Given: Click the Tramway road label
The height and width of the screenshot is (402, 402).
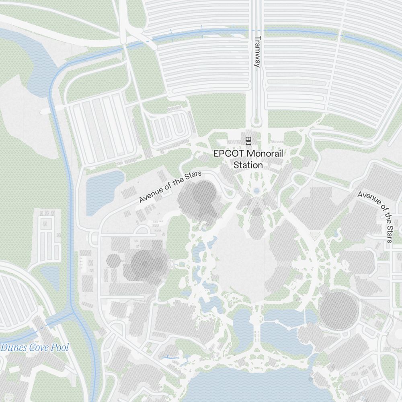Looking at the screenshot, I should tap(258, 52).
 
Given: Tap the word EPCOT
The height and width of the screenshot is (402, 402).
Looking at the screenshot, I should tap(228, 154).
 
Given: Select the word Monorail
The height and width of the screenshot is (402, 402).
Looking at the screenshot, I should tap(265, 154).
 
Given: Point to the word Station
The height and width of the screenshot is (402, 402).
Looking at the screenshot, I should tap(248, 165).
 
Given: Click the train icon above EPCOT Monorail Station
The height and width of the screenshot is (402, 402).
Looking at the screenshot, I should tap(248, 140).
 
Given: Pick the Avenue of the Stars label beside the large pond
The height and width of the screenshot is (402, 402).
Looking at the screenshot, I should tap(170, 187).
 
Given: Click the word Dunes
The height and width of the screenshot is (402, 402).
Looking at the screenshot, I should tap(12, 348).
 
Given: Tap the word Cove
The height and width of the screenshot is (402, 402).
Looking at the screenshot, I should tap(39, 348).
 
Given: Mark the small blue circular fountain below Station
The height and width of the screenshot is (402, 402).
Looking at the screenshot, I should tap(256, 191).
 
